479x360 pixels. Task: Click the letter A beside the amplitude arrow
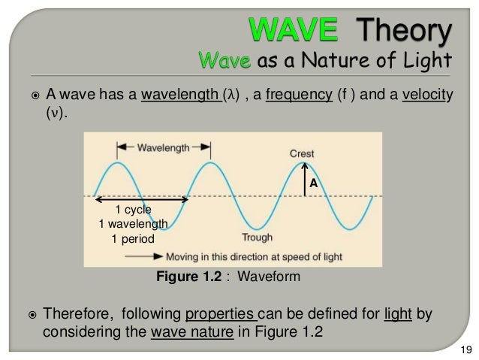coord(314,183)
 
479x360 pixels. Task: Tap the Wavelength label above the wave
coord(164,148)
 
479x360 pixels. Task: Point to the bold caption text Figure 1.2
coord(185,277)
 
